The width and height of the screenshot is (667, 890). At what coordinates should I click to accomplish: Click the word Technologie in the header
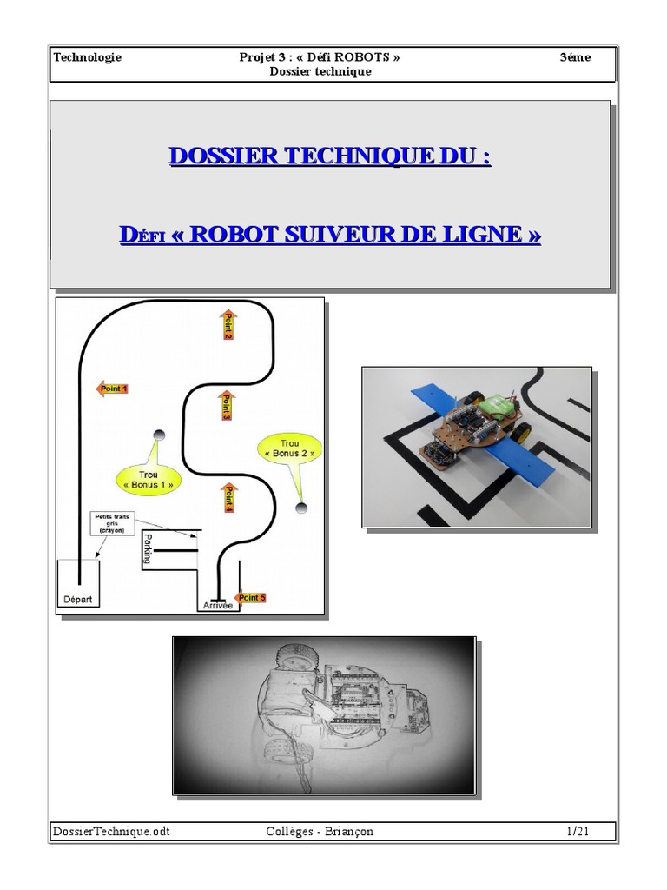(x=88, y=57)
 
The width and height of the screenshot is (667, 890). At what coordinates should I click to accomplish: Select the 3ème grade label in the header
(x=576, y=57)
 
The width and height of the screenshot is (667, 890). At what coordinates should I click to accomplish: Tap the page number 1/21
(x=578, y=832)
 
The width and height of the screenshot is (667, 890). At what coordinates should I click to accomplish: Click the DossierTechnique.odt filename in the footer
(x=112, y=832)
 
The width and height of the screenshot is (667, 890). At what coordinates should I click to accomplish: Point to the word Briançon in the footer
(x=351, y=832)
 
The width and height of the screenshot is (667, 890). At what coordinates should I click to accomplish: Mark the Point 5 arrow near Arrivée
(x=251, y=598)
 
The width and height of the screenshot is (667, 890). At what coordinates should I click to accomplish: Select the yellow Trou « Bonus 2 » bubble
(x=289, y=448)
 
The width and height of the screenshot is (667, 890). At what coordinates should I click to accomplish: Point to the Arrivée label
(x=217, y=606)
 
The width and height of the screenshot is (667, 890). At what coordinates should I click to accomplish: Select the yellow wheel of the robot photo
(x=522, y=431)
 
